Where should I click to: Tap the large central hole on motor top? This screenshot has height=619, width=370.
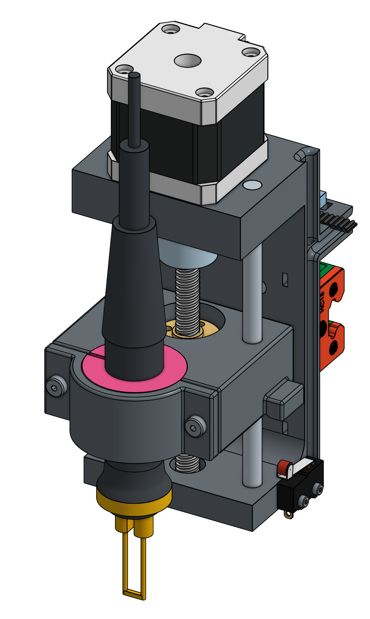click(x=188, y=60)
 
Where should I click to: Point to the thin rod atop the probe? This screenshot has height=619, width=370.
click(x=134, y=109)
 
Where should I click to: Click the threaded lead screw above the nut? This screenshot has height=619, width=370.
click(x=188, y=299)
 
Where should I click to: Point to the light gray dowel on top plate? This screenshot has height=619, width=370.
click(x=252, y=185)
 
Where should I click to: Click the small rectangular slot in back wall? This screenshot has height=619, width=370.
click(x=285, y=279)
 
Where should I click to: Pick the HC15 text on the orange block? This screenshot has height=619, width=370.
click(x=322, y=302)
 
